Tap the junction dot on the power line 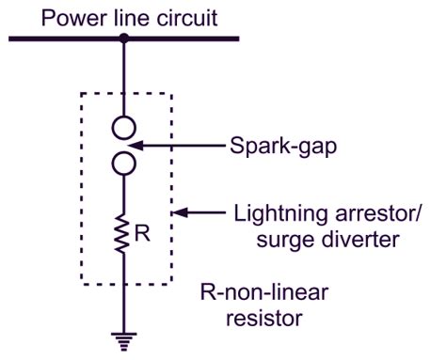124,39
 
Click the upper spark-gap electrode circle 124,126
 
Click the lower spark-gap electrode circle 124,165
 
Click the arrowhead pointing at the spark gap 135,146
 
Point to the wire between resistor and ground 124,301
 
